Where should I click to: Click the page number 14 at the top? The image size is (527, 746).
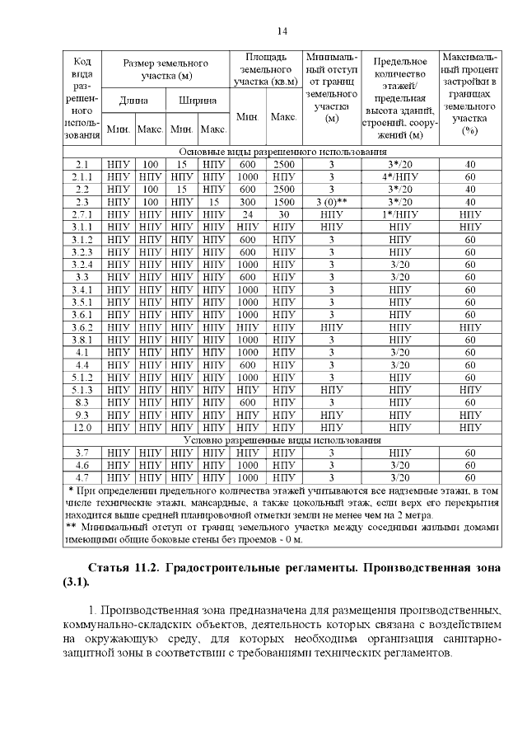pyautogui.click(x=281, y=31)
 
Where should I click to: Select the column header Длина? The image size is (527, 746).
pyautogui.click(x=133, y=101)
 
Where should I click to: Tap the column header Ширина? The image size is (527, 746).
pyautogui.click(x=198, y=101)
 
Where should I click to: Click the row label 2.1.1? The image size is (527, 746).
pyautogui.click(x=82, y=176)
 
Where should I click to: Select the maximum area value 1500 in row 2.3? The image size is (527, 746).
pyautogui.click(x=284, y=201)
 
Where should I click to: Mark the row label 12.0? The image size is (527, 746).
pyautogui.click(x=82, y=428)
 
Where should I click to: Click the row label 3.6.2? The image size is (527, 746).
pyautogui.click(x=82, y=326)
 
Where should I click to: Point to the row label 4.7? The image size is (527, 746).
pyautogui.click(x=82, y=477)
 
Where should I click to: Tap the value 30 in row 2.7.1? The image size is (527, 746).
pyautogui.click(x=284, y=213)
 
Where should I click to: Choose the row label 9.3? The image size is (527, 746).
pyautogui.click(x=82, y=415)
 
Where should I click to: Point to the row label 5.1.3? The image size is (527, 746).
pyautogui.click(x=82, y=390)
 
